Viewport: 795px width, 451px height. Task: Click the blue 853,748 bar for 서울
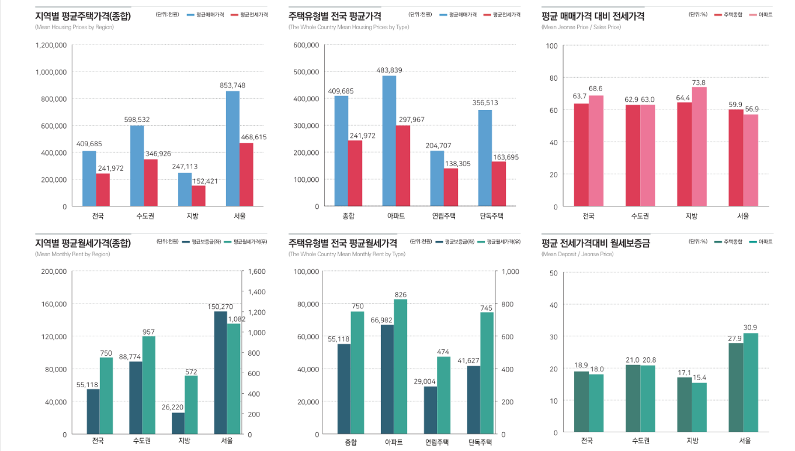coord(232,149)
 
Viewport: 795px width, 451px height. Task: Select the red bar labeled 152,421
coord(199,196)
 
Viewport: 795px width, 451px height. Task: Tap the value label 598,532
coord(137,119)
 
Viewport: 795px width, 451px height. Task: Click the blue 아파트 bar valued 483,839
coord(389,141)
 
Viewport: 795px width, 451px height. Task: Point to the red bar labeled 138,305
coord(451,187)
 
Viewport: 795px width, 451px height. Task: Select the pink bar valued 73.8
coord(699,146)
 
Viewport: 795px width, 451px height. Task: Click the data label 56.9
coord(751,109)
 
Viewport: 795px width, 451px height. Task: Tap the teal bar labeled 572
coord(192,405)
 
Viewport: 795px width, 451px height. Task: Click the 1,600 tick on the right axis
coord(257,271)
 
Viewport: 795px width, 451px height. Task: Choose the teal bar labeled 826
coord(400,367)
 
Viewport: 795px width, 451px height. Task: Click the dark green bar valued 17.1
coord(684,405)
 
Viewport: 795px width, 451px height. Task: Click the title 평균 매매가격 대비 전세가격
coord(593,17)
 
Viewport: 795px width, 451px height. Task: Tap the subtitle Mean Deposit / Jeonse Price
coord(578,254)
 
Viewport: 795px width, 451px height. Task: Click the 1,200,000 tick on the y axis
coord(51,45)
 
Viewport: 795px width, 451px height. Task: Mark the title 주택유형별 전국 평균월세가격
coord(343,243)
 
